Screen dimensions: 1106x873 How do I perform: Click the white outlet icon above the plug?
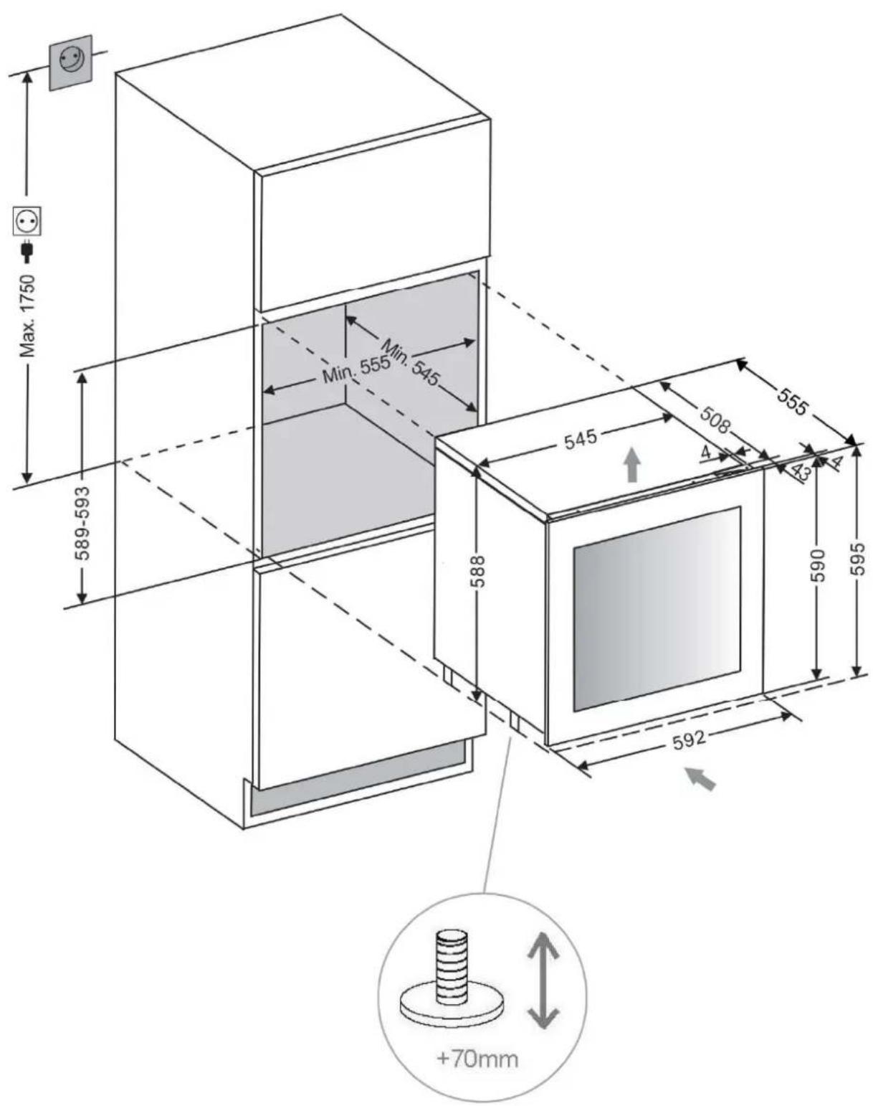pyautogui.click(x=28, y=221)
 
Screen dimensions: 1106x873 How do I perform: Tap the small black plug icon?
pyautogui.click(x=28, y=250)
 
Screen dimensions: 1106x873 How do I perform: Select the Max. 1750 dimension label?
pyautogui.click(x=29, y=316)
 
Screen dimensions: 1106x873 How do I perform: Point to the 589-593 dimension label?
pyautogui.click(x=83, y=523)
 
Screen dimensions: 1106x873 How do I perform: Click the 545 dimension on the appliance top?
pyautogui.click(x=580, y=438)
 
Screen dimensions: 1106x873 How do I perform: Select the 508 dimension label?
pyautogui.click(x=715, y=420)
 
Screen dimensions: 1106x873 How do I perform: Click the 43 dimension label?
pyautogui.click(x=800, y=472)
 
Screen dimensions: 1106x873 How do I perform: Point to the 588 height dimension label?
pyautogui.click(x=478, y=570)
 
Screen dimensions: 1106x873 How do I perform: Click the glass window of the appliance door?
pyautogui.click(x=657, y=608)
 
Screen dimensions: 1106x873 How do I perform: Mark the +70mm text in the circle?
pyautogui.click(x=477, y=1058)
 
